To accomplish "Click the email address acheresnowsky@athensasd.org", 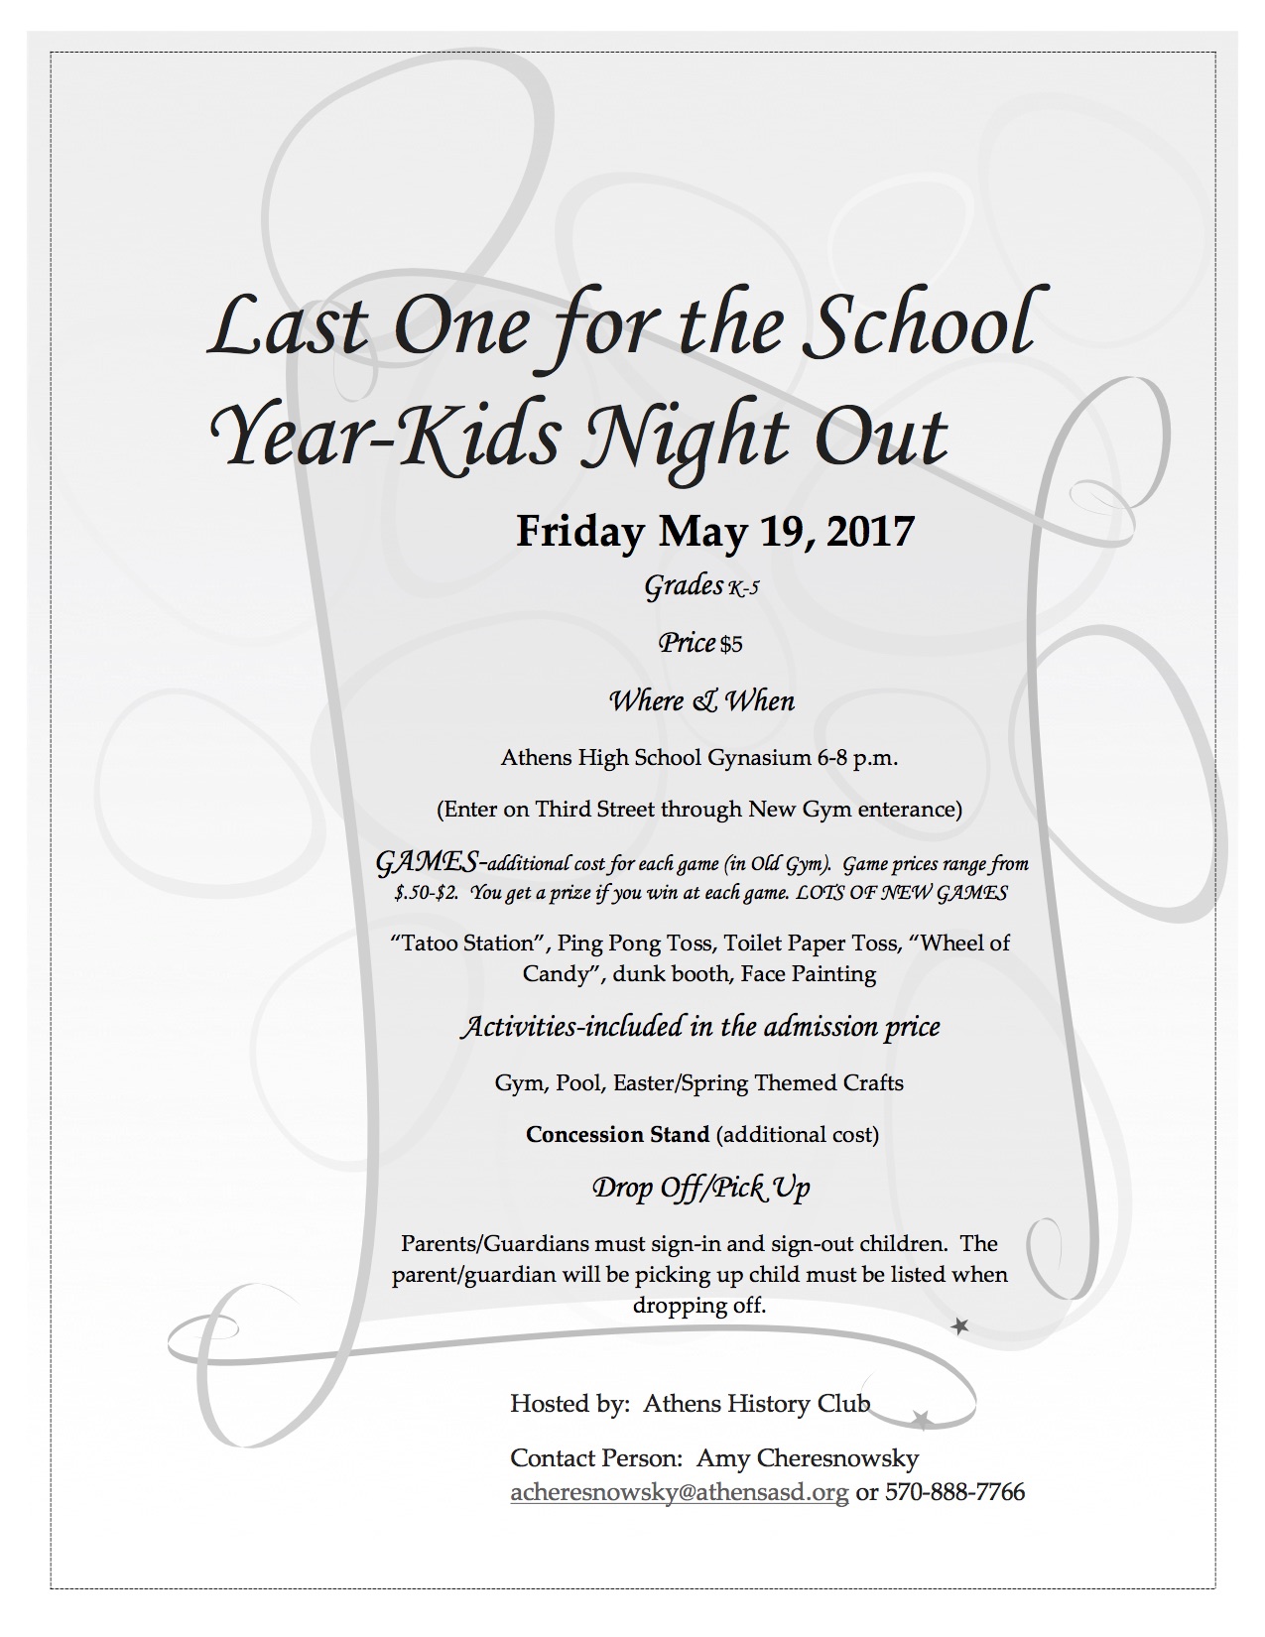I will [x=679, y=1492].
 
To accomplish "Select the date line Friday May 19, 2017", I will [x=714, y=532].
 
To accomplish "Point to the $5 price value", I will [x=731, y=645].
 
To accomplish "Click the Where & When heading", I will [x=701, y=701].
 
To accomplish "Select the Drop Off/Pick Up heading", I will [x=701, y=1187].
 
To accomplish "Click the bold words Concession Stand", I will [x=617, y=1134].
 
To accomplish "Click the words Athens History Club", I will [x=756, y=1403].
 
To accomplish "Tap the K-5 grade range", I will [x=744, y=589].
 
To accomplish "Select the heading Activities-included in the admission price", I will [x=699, y=1026].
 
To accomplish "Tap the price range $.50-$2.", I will [x=426, y=892].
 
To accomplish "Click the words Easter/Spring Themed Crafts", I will [x=758, y=1082].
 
